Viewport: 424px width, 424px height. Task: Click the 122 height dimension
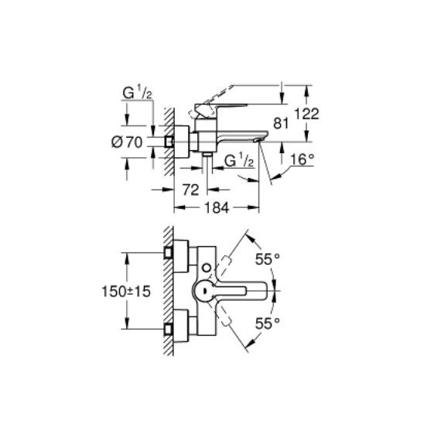point(306,114)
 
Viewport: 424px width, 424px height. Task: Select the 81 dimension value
point(281,124)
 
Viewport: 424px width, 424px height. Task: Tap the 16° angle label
point(303,159)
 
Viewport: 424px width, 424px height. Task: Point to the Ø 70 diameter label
point(127,142)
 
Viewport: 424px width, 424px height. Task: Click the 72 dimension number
point(191,190)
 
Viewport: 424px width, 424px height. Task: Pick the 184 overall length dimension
point(217,208)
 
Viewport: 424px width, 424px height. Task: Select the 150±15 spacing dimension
point(126,292)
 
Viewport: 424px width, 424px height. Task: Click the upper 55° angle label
point(268,260)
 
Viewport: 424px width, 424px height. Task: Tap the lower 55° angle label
point(268,323)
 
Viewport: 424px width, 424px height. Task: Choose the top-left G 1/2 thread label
point(138,94)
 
